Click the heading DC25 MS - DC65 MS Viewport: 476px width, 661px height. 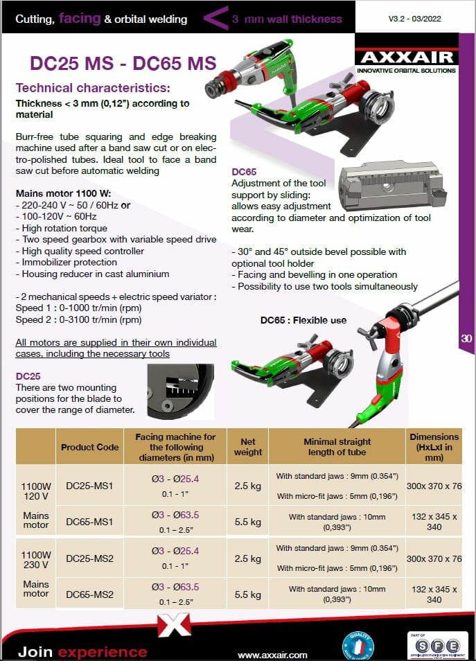pyautogui.click(x=123, y=63)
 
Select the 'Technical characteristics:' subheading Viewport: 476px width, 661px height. pyautogui.click(x=92, y=88)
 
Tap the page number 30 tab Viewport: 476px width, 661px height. pyautogui.click(x=466, y=339)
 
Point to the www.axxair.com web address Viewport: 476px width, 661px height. pyautogui.click(x=272, y=655)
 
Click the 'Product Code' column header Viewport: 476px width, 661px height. pyautogui.click(x=89, y=447)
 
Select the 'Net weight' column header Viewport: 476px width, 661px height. pyautogui.click(x=248, y=447)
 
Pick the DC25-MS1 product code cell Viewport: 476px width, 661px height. pyautogui.click(x=89, y=486)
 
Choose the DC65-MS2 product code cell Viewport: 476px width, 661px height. pyautogui.click(x=89, y=594)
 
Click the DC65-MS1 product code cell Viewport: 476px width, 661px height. pyautogui.click(x=89, y=521)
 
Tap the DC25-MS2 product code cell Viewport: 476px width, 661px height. pyautogui.click(x=89, y=558)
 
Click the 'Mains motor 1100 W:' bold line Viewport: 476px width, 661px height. pyautogui.click(x=62, y=194)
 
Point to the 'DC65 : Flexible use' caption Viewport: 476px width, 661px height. pyautogui.click(x=303, y=320)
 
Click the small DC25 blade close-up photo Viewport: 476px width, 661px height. pyautogui.click(x=180, y=391)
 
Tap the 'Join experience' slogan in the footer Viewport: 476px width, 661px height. pyautogui.click(x=82, y=652)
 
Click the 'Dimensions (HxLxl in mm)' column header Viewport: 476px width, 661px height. pyautogui.click(x=434, y=447)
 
